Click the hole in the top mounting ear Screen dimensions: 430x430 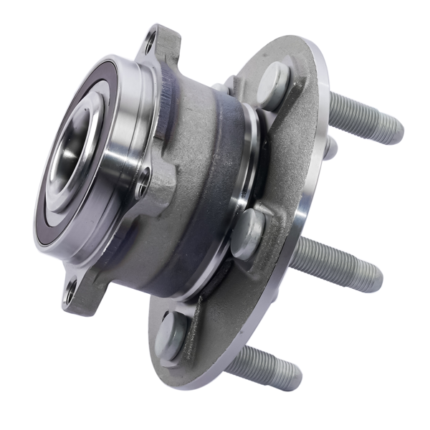pos(149,44)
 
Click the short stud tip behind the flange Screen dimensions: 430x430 pos(330,147)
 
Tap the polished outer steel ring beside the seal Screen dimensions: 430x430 pos(122,143)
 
